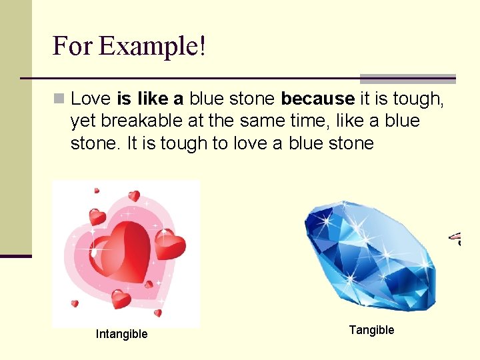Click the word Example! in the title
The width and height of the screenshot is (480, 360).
152,46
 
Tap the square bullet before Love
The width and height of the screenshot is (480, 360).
59,99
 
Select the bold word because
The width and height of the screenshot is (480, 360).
318,99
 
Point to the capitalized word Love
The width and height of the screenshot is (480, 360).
91,99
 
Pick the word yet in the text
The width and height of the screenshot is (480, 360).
84,121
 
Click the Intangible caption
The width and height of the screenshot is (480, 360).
122,334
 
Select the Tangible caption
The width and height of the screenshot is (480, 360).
371,330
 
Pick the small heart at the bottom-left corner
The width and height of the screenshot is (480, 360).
75,304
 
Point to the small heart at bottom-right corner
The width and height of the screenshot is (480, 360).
158,312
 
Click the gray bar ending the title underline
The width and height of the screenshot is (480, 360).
407,79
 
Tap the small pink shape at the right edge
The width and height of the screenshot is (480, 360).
456,237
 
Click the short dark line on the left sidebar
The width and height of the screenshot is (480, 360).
16,256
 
